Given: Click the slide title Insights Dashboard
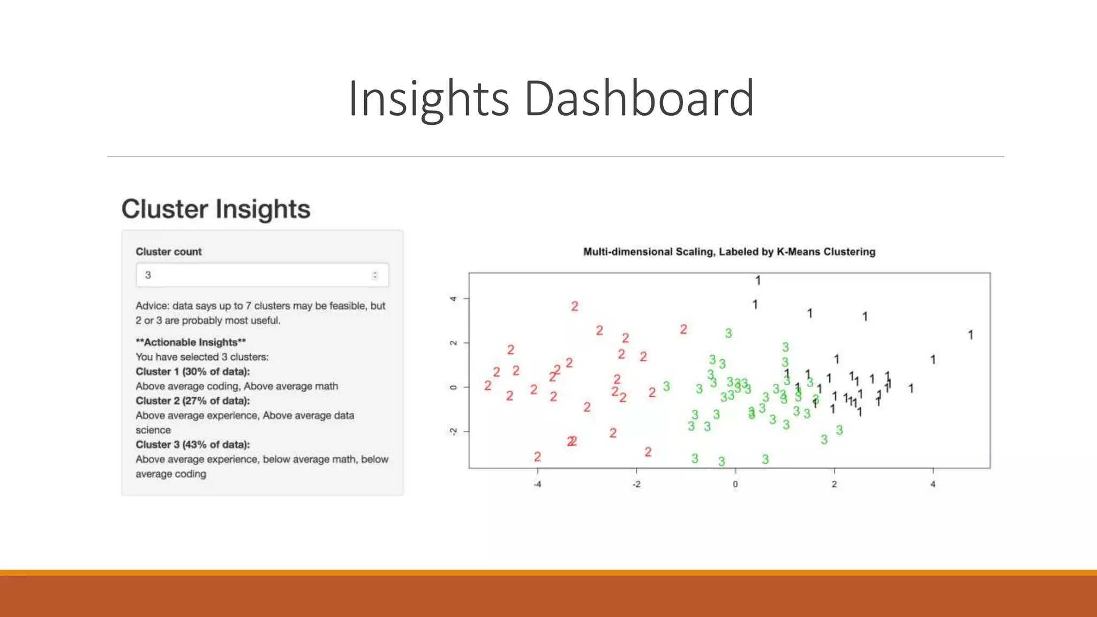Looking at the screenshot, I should [x=551, y=98].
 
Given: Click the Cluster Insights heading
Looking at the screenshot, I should [x=215, y=209].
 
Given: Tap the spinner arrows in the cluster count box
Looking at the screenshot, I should [x=375, y=275].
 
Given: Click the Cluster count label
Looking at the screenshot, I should [x=169, y=252].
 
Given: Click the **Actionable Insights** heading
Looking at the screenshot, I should [x=191, y=342].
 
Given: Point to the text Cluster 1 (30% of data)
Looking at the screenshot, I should [x=192, y=372].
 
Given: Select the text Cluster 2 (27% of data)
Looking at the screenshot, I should [x=192, y=401].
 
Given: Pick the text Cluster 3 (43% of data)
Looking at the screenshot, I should [x=192, y=445].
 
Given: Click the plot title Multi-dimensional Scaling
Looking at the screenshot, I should [x=729, y=252].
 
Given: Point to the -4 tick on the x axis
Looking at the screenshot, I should [x=537, y=484].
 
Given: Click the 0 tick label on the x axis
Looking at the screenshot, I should [x=735, y=484].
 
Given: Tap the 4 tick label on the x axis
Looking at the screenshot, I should [x=933, y=484].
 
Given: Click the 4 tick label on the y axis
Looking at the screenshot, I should [x=453, y=298].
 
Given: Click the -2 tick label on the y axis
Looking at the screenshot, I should [x=453, y=432].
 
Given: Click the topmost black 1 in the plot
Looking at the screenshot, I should [x=758, y=281].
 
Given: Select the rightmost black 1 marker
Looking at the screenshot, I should [x=970, y=335].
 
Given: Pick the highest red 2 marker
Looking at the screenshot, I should [x=575, y=306].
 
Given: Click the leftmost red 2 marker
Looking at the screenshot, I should [x=487, y=386].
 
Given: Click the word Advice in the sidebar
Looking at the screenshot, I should [x=152, y=306].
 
